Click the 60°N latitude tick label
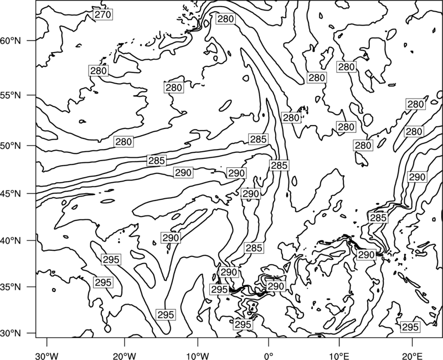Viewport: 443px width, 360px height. (x=11, y=41)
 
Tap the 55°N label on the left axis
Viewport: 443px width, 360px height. (x=11, y=95)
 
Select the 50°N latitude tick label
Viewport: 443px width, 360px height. (x=11, y=146)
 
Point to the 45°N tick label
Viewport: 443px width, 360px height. (x=11, y=193)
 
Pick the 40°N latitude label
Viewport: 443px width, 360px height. (x=11, y=240)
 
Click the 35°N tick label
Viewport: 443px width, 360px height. (x=11, y=287)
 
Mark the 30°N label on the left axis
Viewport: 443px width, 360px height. (x=11, y=333)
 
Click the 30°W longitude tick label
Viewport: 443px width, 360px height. (x=47, y=356)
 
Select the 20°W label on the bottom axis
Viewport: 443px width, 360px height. (x=125, y=356)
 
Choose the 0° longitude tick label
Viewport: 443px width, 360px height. (x=269, y=356)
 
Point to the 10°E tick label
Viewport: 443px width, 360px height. (x=339, y=356)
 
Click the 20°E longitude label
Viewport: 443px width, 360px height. (x=412, y=356)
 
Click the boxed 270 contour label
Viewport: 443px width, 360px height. (x=103, y=14)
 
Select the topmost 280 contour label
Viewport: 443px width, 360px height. (x=226, y=19)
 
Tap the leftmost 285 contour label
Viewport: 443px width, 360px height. (x=157, y=161)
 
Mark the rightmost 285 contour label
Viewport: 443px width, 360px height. (x=378, y=218)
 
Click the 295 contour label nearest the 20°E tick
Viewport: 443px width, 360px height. (x=410, y=327)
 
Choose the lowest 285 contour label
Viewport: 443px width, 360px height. (x=254, y=248)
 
